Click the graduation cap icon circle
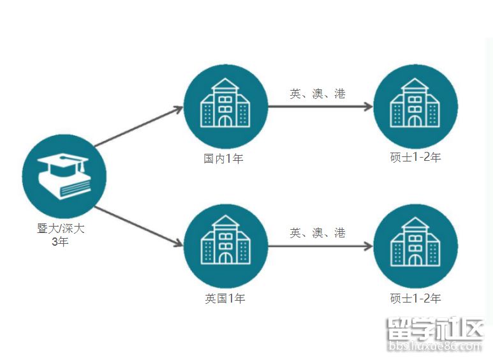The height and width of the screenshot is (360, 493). pyautogui.click(x=64, y=176)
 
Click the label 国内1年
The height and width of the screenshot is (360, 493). pyautogui.click(x=224, y=158)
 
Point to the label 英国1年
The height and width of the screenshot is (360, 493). pyautogui.click(x=224, y=298)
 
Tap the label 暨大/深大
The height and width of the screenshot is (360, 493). pyautogui.click(x=61, y=229)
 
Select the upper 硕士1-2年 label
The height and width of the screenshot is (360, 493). pyautogui.click(x=415, y=157)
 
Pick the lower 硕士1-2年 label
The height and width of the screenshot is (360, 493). pyautogui.click(x=415, y=298)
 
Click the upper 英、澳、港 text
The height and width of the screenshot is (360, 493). pyautogui.click(x=318, y=94)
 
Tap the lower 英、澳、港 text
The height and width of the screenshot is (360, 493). pyautogui.click(x=318, y=233)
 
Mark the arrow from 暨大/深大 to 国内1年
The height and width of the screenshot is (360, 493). pyautogui.click(x=138, y=127)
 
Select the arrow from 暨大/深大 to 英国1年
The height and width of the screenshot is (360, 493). pyautogui.click(x=138, y=226)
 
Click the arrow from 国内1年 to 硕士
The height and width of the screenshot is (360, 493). pyautogui.click(x=319, y=107)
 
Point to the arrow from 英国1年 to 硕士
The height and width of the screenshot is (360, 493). pyautogui.click(x=319, y=246)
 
